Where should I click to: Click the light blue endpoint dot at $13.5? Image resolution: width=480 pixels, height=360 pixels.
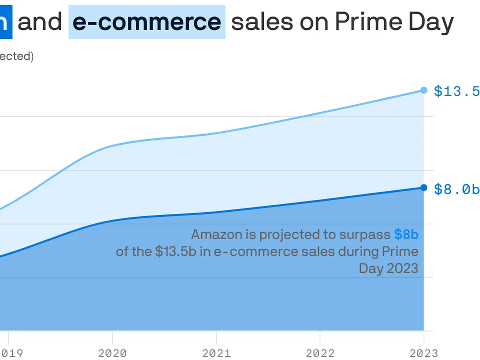pos(424,90)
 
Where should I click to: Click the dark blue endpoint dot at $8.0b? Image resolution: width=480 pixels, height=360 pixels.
pos(424,188)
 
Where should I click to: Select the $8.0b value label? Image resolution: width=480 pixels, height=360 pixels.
pos(456,189)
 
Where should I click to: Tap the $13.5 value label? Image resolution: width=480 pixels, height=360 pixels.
pos(456,91)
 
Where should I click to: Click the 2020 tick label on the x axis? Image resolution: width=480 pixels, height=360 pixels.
pos(112,353)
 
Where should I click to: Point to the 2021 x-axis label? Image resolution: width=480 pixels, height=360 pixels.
pos(216,353)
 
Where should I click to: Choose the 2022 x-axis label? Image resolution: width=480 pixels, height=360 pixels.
pos(320,353)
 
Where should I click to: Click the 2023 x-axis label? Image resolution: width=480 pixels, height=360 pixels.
pos(424,353)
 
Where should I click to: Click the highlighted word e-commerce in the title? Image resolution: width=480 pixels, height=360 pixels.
pos(147,22)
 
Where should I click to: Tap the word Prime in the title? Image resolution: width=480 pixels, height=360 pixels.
pos(369,22)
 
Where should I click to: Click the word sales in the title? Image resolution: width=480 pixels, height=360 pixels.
pos(262,22)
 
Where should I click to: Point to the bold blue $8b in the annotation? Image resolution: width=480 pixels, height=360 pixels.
pos(406,234)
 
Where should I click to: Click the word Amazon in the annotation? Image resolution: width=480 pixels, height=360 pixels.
pos(217,234)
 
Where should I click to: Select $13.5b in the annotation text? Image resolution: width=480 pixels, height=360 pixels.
pos(176,252)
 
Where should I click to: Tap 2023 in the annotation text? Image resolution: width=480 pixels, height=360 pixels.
pos(402,268)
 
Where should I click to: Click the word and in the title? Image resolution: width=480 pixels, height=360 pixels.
pos(40,22)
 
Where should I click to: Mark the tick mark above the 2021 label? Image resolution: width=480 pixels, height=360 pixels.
pos(216,337)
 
